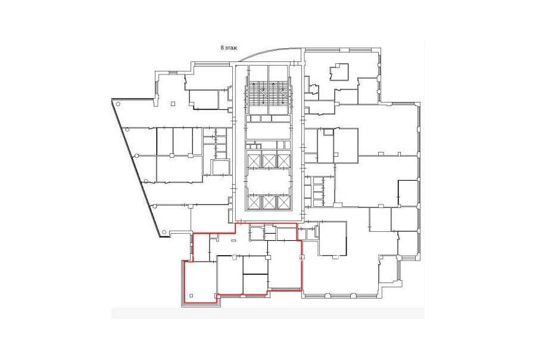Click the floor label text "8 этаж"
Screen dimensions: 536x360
pos(229,48)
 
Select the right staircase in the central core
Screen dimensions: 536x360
pos(279,93)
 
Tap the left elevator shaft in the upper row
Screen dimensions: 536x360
pos(254,160)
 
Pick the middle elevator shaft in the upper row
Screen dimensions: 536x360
pos(269,160)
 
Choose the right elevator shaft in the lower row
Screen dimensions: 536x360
pos(283,202)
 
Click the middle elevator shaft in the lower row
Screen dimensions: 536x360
pos(269,202)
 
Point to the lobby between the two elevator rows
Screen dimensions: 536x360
pos(269,181)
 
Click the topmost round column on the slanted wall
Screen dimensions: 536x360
pos(117,104)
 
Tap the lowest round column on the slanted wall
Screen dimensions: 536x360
pos(164,232)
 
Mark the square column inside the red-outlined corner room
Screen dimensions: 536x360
pos(191,296)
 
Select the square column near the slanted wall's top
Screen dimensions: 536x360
pos(173,103)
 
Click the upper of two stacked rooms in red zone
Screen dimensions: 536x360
pos(255,265)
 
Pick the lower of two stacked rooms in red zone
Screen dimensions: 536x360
pos(255,284)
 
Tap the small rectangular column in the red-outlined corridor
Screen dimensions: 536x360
pos(233,241)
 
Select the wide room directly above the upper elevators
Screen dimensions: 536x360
pos(269,131)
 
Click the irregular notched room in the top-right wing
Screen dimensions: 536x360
pos(339,72)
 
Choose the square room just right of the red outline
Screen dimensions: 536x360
pos(333,238)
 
